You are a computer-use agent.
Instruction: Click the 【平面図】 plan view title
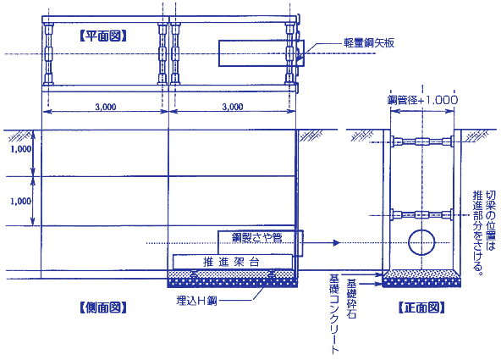(103, 36)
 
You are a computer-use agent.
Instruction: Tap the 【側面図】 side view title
(103, 307)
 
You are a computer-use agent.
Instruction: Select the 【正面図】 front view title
(421, 307)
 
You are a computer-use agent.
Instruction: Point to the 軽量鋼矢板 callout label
(369, 43)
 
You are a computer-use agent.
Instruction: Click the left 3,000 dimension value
(106, 107)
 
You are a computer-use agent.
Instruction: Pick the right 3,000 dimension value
(233, 107)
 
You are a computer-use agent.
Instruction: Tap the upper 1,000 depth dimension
(21, 149)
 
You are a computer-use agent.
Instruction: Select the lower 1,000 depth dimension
(21, 201)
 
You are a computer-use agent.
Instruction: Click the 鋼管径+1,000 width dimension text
(422, 100)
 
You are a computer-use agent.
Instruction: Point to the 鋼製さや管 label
(257, 237)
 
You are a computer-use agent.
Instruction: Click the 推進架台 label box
(233, 262)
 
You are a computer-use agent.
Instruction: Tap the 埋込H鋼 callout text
(196, 301)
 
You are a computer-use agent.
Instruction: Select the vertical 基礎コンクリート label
(334, 313)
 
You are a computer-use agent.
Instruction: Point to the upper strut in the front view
(421, 141)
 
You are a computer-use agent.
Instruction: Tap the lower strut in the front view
(421, 214)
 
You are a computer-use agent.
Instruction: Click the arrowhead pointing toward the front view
(336, 243)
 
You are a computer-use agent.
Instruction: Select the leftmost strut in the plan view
(48, 53)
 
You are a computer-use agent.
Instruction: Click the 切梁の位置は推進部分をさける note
(484, 233)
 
